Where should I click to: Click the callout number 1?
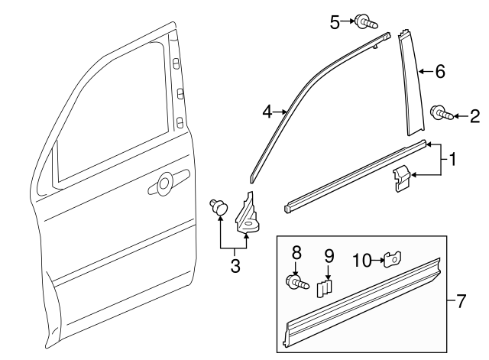click(x=452, y=161)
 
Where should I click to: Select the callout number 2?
click(x=474, y=116)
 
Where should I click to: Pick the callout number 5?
click(x=335, y=22)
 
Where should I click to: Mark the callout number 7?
click(x=460, y=300)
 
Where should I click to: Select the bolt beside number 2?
click(x=443, y=115)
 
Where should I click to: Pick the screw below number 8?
click(x=297, y=283)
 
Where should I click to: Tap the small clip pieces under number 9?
click(x=326, y=287)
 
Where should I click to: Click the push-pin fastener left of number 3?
click(x=220, y=206)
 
